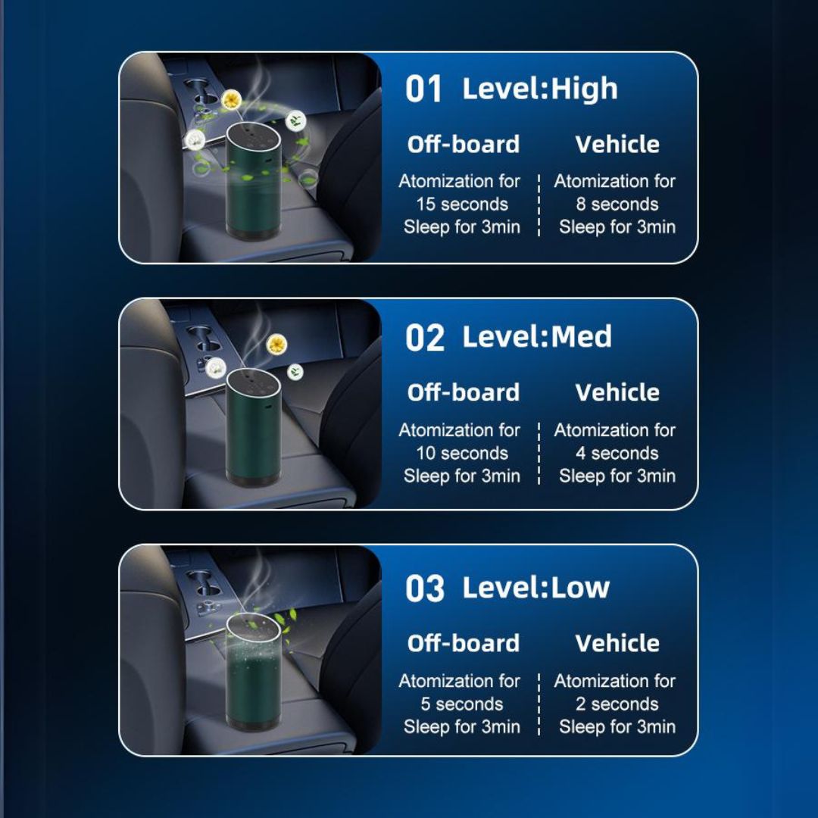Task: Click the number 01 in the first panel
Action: tap(423, 89)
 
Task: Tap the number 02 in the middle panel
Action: tap(425, 338)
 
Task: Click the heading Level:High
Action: tap(540, 88)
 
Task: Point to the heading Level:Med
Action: tap(537, 336)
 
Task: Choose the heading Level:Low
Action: tap(535, 588)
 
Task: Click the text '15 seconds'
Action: tap(462, 204)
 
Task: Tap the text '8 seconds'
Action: tap(617, 204)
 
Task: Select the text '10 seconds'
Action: tap(462, 453)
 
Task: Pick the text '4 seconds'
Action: tap(617, 453)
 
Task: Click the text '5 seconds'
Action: tap(462, 704)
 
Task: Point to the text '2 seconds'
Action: tap(617, 704)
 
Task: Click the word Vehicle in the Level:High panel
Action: tap(617, 144)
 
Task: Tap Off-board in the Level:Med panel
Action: tap(464, 392)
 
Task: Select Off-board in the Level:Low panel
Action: tap(464, 643)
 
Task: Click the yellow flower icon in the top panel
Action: tap(231, 100)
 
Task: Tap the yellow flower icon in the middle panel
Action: tap(276, 345)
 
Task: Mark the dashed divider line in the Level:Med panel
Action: tap(539, 454)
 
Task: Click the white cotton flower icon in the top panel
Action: tap(195, 139)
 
